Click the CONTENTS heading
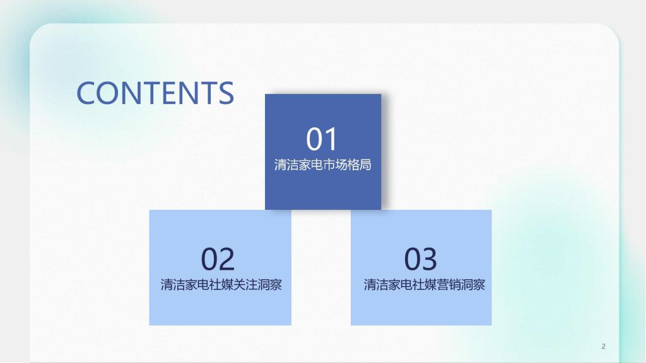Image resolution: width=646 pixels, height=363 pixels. click(x=155, y=93)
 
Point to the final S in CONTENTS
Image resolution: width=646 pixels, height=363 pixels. click(x=226, y=93)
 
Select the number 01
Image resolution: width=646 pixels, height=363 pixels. click(x=322, y=139)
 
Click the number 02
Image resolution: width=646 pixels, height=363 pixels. click(x=218, y=259)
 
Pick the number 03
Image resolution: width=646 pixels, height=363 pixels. click(x=420, y=259)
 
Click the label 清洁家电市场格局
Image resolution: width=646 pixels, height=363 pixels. click(x=322, y=164)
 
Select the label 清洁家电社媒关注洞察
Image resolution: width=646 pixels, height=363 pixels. click(x=221, y=284)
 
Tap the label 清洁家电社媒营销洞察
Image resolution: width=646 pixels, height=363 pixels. click(x=425, y=284)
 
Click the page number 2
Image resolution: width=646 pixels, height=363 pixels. click(x=603, y=346)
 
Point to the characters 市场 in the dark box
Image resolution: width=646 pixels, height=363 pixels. click(x=335, y=164)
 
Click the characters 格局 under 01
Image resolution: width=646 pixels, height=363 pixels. click(x=359, y=164)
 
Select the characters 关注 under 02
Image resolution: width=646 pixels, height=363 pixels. click(x=245, y=284)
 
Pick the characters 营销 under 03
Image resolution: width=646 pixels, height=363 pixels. click(x=449, y=284)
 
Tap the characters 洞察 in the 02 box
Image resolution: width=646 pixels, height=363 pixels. click(x=270, y=284)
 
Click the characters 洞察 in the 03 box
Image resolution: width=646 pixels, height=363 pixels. click(x=473, y=284)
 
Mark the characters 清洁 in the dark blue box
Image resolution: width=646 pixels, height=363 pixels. click(x=286, y=164)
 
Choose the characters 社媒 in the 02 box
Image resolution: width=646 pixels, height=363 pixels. click(x=221, y=284)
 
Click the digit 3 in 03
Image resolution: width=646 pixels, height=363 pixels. click(x=429, y=259)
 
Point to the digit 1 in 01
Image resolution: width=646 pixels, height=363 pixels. click(x=331, y=139)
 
